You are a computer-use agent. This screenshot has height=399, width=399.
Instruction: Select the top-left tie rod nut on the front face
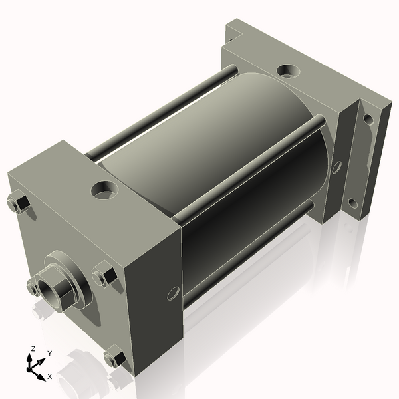(x=18, y=203)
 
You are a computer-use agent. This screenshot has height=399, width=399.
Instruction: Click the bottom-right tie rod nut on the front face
(x=114, y=358)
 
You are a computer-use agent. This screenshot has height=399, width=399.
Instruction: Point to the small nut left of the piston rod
(x=32, y=287)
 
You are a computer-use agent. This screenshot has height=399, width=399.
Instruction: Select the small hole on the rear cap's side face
(x=336, y=167)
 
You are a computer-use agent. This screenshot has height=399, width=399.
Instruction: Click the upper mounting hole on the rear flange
(x=366, y=120)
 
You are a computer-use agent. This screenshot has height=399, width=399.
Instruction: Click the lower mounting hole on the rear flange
(x=352, y=203)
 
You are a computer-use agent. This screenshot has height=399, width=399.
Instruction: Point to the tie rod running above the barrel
(x=160, y=113)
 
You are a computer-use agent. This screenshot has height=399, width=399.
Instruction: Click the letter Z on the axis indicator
(x=33, y=348)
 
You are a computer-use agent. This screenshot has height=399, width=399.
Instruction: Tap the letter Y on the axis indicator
(x=49, y=353)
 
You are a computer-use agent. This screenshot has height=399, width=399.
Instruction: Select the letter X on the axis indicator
(x=49, y=376)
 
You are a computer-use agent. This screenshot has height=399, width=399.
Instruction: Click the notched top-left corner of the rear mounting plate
(x=235, y=30)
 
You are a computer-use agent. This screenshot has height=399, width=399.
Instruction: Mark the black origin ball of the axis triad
(x=31, y=366)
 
